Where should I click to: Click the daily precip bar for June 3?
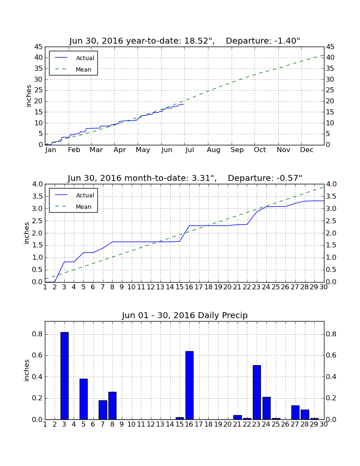(x=64, y=376)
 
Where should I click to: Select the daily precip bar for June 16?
(x=189, y=385)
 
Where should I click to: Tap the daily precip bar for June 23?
(x=257, y=392)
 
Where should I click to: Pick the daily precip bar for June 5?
(x=84, y=399)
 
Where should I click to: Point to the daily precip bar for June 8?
(x=113, y=406)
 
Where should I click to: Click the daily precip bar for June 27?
(x=295, y=413)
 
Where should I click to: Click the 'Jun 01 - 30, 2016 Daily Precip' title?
(x=185, y=315)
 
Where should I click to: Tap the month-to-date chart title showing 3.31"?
(x=185, y=178)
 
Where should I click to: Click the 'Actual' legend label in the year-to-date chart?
(x=85, y=58)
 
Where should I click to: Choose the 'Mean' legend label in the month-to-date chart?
(x=83, y=207)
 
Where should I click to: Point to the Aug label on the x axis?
(x=213, y=150)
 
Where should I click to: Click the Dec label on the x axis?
(x=307, y=150)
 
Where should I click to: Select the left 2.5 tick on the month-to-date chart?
(x=38, y=221)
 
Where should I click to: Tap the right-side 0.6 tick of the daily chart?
(x=331, y=355)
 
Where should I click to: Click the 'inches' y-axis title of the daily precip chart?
(x=27, y=370)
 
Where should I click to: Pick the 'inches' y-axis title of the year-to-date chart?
(x=28, y=96)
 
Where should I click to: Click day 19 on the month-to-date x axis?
(x=218, y=287)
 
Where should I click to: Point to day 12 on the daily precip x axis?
(x=151, y=424)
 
